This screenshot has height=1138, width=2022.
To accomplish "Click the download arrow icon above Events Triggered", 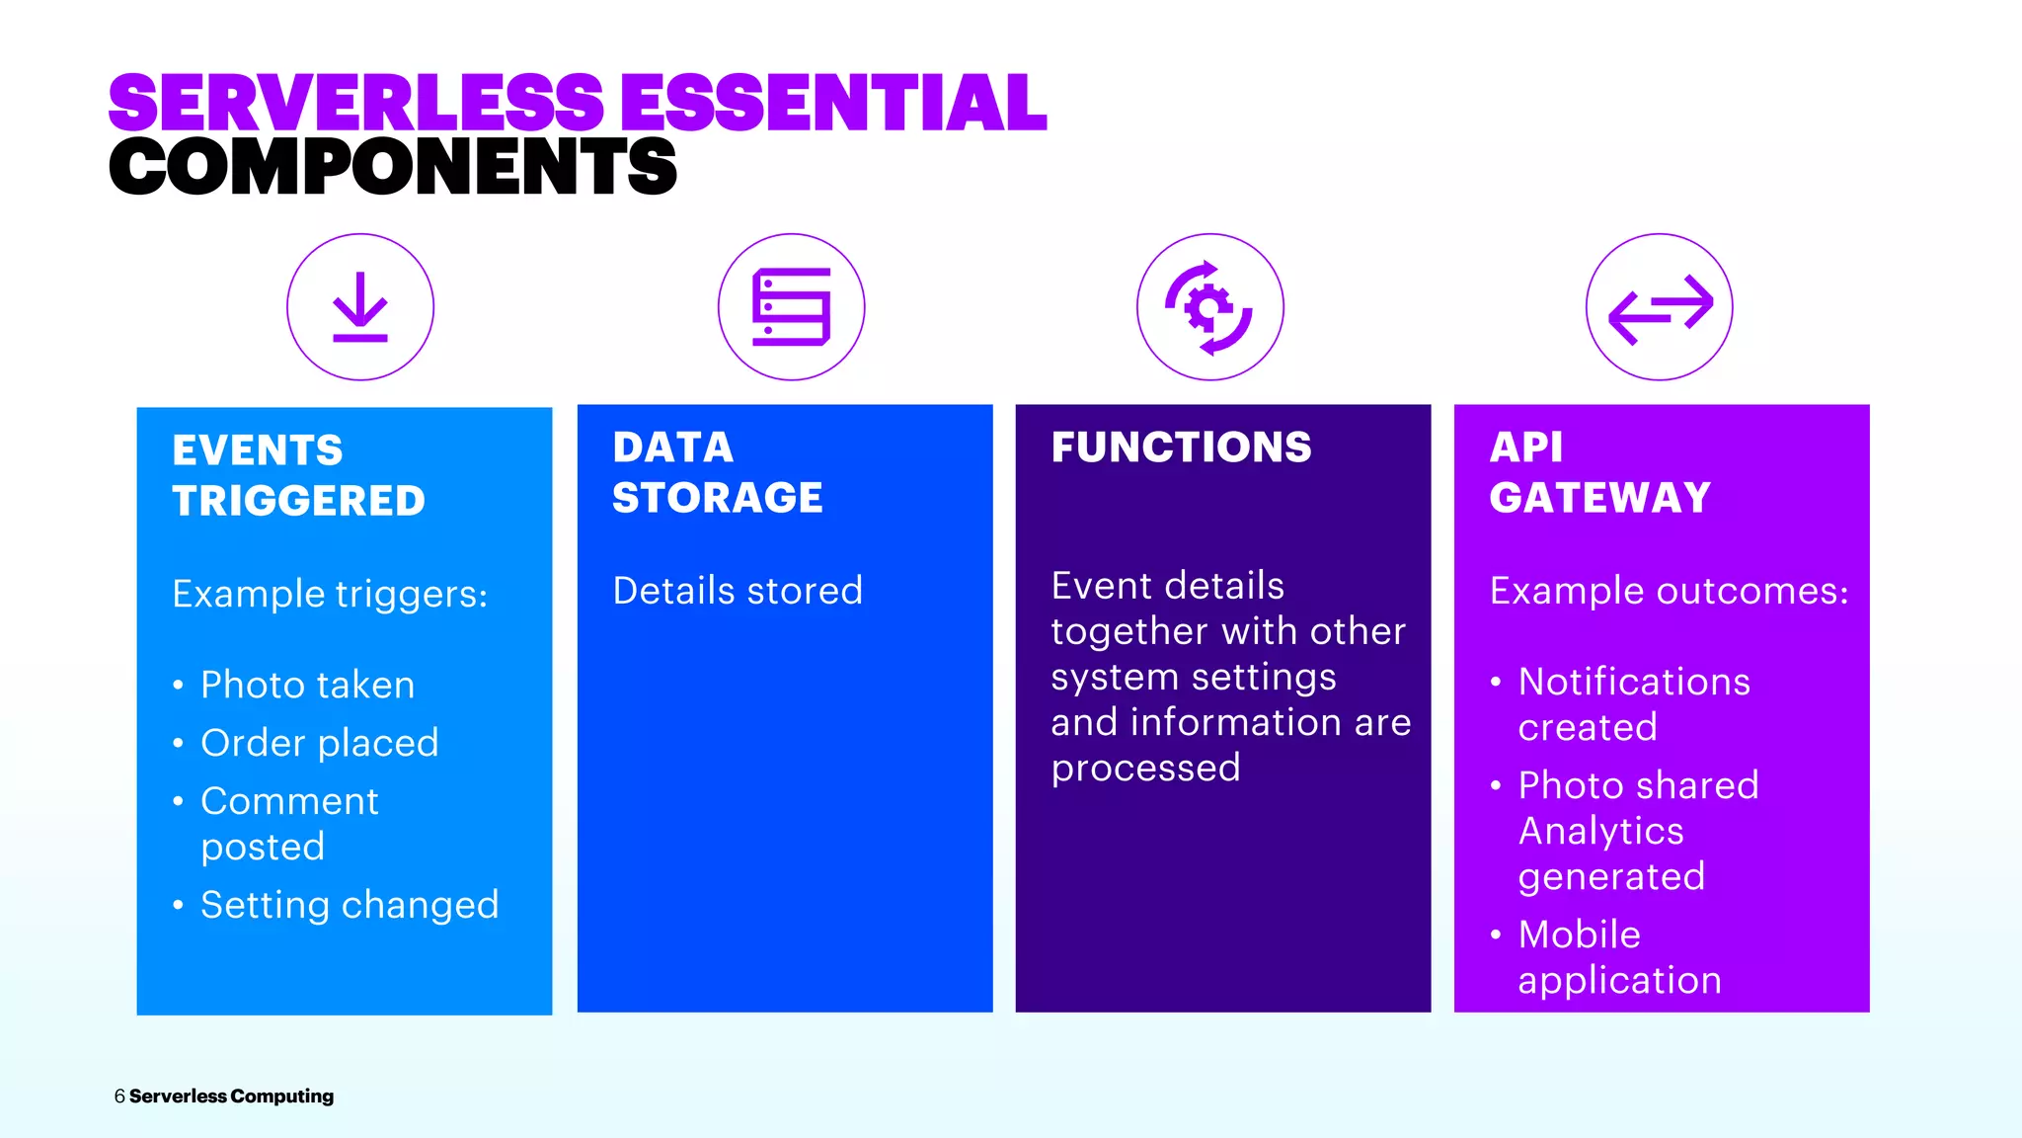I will coord(360,307).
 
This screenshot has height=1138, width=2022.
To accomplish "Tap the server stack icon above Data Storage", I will coord(791,307).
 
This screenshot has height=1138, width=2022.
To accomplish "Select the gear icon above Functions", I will coord(1209,308).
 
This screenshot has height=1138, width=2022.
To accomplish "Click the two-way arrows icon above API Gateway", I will coord(1660,308).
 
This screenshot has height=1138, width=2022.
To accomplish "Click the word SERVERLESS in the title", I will coord(355,103).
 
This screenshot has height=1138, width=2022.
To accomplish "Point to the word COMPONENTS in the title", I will coord(393,166).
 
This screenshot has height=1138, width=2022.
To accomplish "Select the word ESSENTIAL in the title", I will coord(832,103).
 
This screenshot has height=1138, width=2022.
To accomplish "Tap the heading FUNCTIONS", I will coord(1181,447).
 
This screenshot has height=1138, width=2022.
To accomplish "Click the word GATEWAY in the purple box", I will coord(1599,498).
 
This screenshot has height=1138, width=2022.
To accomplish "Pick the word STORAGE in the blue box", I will coord(717,498).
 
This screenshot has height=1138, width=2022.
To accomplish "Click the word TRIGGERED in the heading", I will coord(298,501).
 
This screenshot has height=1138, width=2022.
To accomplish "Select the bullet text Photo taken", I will coord(307,685).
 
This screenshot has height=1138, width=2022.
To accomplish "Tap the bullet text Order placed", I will coord(319,743).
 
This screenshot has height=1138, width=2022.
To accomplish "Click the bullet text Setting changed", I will coord(350,905).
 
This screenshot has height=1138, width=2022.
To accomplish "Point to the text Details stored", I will coord(738,591).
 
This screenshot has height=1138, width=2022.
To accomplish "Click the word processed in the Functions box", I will coord(1145,769).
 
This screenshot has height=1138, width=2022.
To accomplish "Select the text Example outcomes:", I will coord(1669,591).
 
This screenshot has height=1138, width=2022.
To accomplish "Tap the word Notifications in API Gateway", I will coord(1634,682).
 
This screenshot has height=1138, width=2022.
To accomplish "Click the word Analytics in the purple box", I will coord(1600,831).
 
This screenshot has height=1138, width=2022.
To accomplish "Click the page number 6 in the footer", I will coord(119,1097).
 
